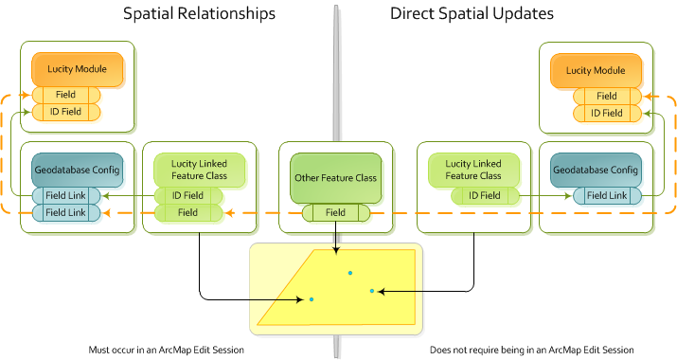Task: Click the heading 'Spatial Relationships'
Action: coord(199,14)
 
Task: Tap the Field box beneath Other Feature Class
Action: coord(335,213)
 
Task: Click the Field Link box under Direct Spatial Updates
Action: coord(606,195)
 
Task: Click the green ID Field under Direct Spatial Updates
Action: coord(483,195)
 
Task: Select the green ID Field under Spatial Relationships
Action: coord(187,195)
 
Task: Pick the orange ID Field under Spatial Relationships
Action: coord(65,113)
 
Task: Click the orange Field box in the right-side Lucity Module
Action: coord(606,96)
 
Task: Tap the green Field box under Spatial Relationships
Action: coord(187,213)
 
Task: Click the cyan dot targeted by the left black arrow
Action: coord(311,299)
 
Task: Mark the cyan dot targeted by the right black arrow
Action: coord(372,291)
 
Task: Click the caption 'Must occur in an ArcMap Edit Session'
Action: coord(165,350)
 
